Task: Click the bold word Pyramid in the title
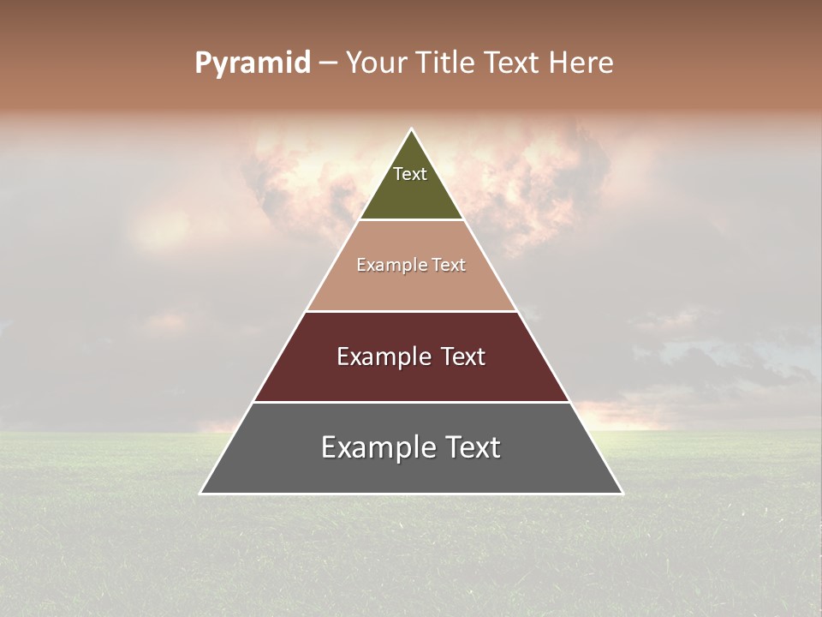point(252,63)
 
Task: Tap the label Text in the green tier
point(410,174)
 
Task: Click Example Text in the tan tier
point(411,265)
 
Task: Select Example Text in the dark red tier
point(411,356)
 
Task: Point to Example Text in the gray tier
point(411,447)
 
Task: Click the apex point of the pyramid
point(412,130)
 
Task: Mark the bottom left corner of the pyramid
point(201,493)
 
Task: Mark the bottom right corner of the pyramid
point(622,493)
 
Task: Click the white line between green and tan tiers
point(411,220)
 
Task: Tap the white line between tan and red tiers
point(411,311)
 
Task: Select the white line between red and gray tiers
point(411,402)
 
